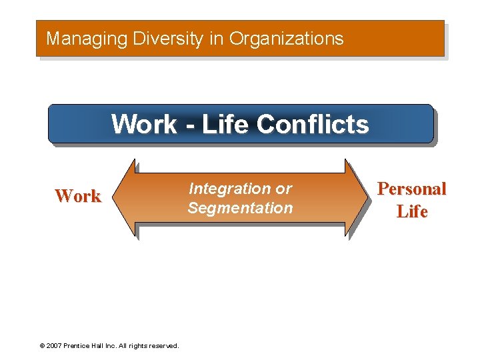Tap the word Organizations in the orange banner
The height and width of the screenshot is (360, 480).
pos(286,39)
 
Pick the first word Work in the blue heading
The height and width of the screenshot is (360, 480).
pos(143,124)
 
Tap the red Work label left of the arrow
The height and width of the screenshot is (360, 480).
pos(78,196)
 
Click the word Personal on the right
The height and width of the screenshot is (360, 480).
pos(411,189)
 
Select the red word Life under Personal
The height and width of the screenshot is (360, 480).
pos(411,212)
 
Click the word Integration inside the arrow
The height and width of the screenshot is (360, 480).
pos(224,189)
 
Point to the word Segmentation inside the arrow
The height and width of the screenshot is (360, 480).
pos(240,208)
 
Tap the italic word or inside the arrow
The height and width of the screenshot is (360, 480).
pos(283,189)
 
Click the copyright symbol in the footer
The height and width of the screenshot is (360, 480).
pos(42,346)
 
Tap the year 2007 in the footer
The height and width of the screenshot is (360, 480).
pos(54,346)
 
